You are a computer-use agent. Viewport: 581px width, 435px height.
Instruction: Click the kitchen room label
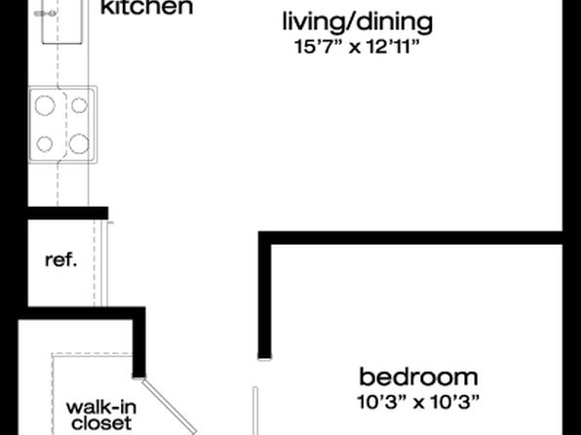(x=147, y=8)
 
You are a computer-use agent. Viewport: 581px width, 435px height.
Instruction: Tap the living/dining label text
(x=358, y=21)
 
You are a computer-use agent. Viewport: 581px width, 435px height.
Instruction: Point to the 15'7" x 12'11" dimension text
(x=357, y=47)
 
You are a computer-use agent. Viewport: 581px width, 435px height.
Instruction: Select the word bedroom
(x=419, y=376)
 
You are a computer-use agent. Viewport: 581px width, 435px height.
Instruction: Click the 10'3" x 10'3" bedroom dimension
(x=418, y=402)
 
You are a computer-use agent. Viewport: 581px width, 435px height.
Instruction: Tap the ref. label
(x=61, y=260)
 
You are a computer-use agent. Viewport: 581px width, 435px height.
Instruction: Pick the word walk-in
(x=101, y=408)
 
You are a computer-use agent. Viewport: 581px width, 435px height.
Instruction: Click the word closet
(x=101, y=423)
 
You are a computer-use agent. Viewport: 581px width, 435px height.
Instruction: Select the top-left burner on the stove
(x=45, y=105)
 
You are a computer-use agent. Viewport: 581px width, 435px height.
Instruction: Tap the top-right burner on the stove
(x=79, y=105)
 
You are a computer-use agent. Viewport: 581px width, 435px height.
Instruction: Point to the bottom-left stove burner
(x=45, y=144)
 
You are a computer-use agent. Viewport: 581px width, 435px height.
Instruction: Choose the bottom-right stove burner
(x=79, y=144)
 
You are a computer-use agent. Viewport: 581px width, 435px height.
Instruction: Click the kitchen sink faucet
(x=45, y=14)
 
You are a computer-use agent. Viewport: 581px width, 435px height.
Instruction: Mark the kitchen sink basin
(x=62, y=21)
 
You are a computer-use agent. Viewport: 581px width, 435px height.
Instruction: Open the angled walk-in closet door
(x=169, y=406)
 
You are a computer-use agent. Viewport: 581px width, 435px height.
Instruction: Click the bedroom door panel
(x=255, y=411)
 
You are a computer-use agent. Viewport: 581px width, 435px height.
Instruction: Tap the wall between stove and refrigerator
(x=68, y=214)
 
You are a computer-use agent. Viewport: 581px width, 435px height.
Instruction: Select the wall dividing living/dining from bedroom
(x=410, y=238)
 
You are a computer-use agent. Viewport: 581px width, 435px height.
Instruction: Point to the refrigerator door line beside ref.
(x=104, y=263)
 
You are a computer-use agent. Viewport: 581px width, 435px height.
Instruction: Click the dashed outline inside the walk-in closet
(x=53, y=394)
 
